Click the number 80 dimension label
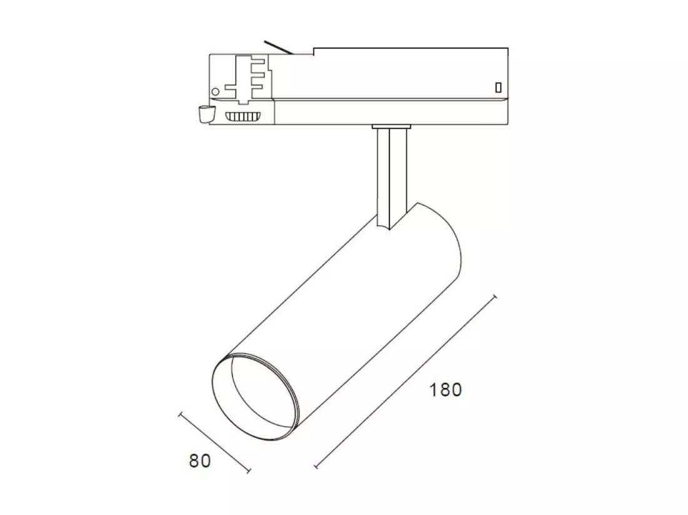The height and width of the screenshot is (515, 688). [x=200, y=461]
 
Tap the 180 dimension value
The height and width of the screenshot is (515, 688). [x=445, y=389]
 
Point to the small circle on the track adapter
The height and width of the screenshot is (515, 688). [x=215, y=92]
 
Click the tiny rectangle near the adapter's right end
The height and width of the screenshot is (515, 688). [x=498, y=87]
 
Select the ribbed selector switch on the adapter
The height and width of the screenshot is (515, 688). [x=242, y=117]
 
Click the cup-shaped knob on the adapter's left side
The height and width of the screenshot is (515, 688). [x=205, y=114]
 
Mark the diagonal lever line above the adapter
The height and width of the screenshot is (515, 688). [x=278, y=47]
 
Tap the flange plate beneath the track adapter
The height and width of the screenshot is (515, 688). [x=392, y=127]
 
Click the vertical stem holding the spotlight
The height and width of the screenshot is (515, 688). [x=392, y=177]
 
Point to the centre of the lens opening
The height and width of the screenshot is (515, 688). [x=256, y=396]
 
